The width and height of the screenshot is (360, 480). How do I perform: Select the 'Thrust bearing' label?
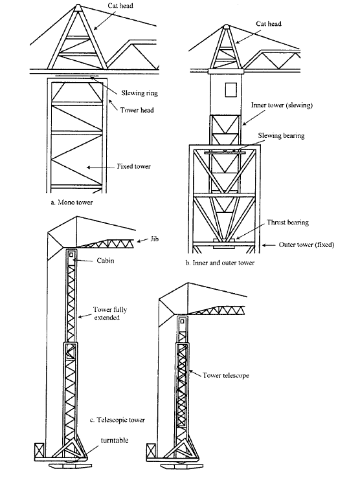[288, 223]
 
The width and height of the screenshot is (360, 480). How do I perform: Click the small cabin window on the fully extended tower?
[71, 254]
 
